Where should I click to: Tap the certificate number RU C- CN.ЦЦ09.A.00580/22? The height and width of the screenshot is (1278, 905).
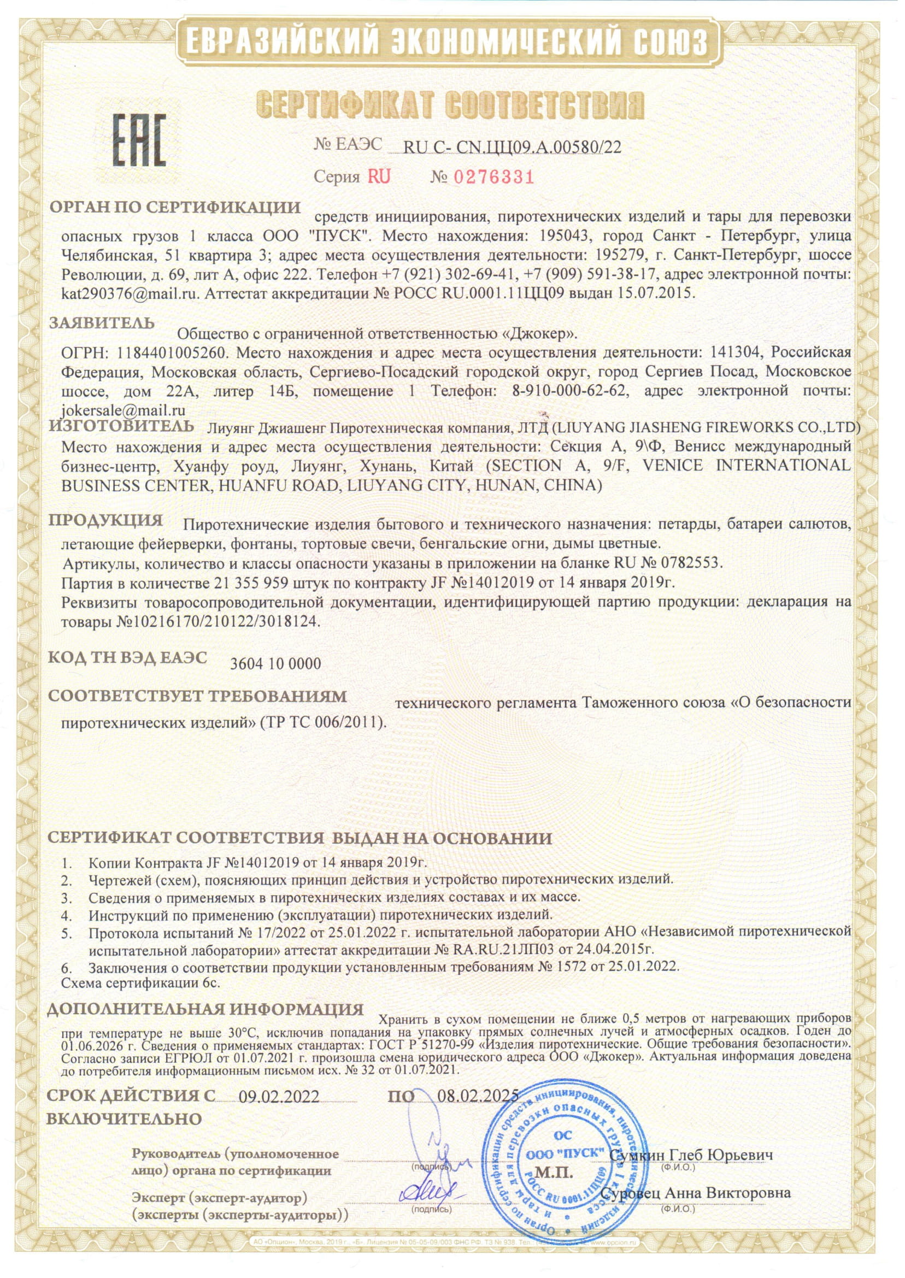(511, 147)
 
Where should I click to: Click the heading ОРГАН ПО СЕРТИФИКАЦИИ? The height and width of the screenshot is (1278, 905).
(175, 208)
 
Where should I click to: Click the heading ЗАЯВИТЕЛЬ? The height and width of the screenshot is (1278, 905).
(102, 323)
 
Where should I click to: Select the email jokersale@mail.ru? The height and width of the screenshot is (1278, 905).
(122, 410)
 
